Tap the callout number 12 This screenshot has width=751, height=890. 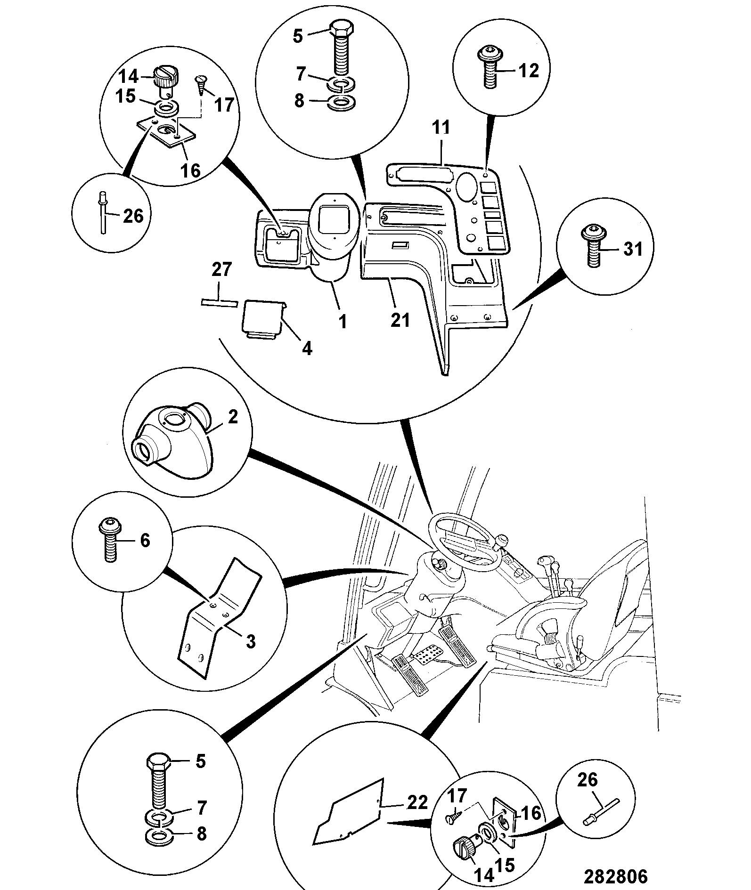click(528, 71)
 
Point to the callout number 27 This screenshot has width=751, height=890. click(222, 270)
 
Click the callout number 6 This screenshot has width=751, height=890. click(145, 540)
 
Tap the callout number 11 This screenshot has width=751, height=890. click(441, 128)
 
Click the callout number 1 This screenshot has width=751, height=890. click(343, 322)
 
